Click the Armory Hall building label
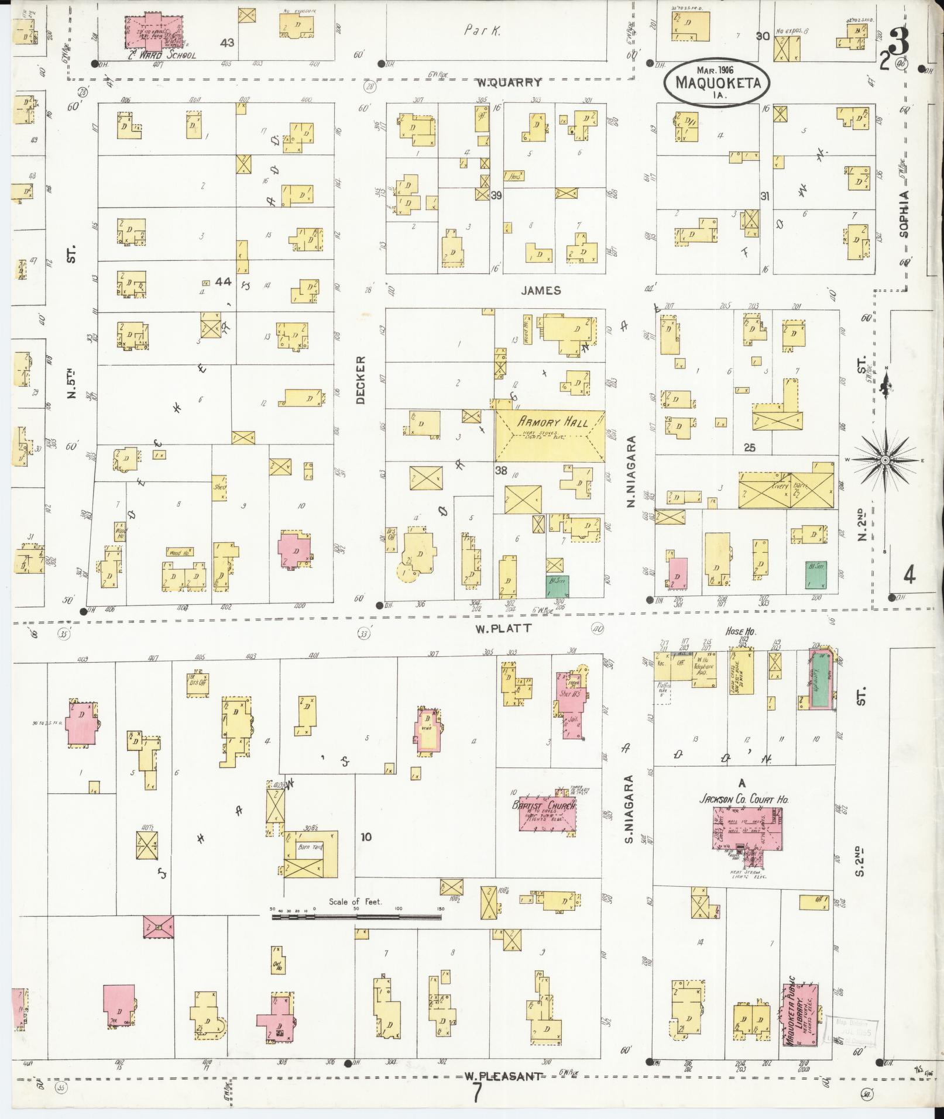(x=548, y=422)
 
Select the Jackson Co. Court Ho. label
(x=743, y=799)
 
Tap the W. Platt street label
(x=495, y=628)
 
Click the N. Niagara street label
(x=631, y=471)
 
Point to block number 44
(x=223, y=282)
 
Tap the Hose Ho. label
(x=740, y=632)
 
